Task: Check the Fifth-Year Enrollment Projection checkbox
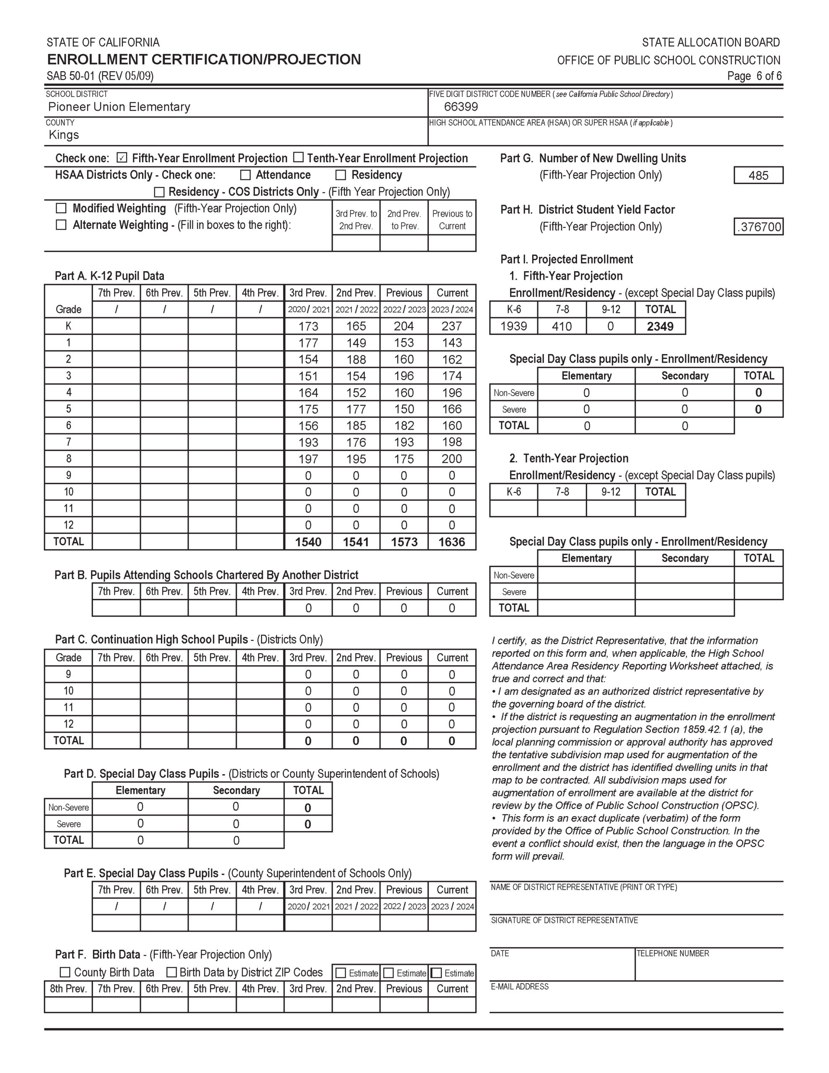122,158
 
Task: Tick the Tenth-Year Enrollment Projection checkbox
298,157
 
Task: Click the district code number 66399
461,106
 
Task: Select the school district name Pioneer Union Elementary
119,106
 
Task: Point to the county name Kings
64,135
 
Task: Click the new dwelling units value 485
758,175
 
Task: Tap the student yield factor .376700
759,227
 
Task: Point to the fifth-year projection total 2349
660,326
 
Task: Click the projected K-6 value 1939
513,326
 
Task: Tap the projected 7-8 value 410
562,326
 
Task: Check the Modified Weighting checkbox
61,208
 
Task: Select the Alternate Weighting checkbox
61,225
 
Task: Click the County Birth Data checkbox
65,972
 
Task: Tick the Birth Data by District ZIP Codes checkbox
171,972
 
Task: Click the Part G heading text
593,158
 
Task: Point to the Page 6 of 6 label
754,76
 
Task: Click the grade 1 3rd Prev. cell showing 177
308,343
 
